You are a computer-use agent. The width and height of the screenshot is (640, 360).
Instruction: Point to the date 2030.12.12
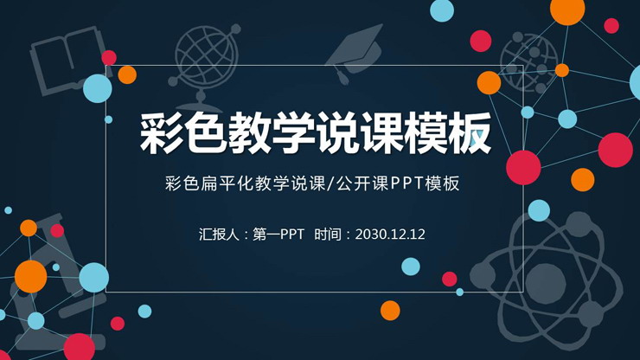click(x=390, y=234)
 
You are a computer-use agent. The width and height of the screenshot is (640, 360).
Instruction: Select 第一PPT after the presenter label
click(x=278, y=234)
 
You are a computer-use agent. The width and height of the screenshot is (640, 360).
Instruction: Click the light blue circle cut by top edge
click(x=442, y=9)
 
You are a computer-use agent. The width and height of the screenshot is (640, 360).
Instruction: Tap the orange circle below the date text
click(x=390, y=310)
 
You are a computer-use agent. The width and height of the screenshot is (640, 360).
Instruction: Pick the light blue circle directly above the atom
click(x=539, y=210)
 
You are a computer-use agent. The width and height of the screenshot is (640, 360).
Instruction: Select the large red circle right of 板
click(x=523, y=167)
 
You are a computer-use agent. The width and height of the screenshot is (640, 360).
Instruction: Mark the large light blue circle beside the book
click(x=98, y=88)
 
